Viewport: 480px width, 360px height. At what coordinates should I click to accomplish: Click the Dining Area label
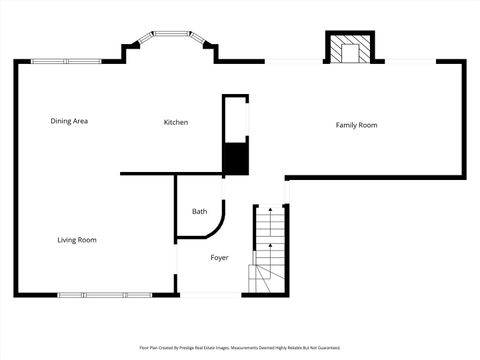pyautogui.click(x=70, y=121)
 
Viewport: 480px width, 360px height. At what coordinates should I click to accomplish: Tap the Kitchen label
pyautogui.click(x=176, y=122)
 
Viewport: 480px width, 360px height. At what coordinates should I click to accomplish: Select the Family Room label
pyautogui.click(x=356, y=125)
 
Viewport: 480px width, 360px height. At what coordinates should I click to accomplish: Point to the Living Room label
pyautogui.click(x=76, y=240)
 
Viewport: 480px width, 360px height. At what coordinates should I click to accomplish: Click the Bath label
pyautogui.click(x=199, y=211)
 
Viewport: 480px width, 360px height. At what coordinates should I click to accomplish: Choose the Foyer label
pyautogui.click(x=219, y=258)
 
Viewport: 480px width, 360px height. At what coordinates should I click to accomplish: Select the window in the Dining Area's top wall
pyautogui.click(x=66, y=61)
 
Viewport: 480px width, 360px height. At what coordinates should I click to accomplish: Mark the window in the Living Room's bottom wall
pyautogui.click(x=104, y=294)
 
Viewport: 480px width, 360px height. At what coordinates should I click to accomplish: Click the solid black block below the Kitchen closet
pyautogui.click(x=235, y=159)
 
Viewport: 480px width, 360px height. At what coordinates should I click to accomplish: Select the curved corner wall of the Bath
pyautogui.click(x=218, y=228)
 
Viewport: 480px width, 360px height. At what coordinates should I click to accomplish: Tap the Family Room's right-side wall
pyautogui.click(x=465, y=118)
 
